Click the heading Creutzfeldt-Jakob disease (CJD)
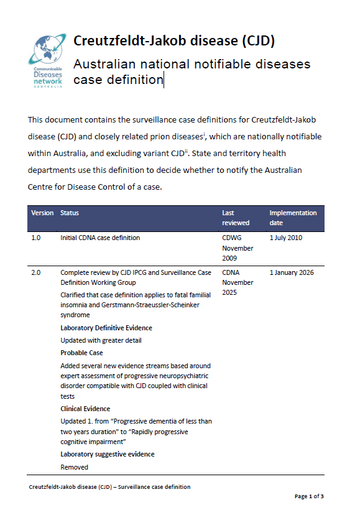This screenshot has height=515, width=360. click(x=174, y=41)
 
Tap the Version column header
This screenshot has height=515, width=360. click(x=42, y=213)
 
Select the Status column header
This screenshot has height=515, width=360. click(x=70, y=213)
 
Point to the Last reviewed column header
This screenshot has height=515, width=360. click(x=236, y=218)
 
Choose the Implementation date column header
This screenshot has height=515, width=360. click(x=293, y=218)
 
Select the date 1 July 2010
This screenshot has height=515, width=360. click(x=287, y=238)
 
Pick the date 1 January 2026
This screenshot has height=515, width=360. click(x=292, y=272)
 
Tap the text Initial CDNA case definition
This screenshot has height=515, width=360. click(x=100, y=238)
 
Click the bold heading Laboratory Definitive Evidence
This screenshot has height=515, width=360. click(x=106, y=328)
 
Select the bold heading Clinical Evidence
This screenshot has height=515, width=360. click(x=85, y=409)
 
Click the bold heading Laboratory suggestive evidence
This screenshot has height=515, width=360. click(x=108, y=454)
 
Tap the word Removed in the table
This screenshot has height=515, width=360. click(x=74, y=466)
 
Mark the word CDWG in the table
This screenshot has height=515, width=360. click(x=231, y=238)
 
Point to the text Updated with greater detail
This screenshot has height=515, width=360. click(x=101, y=340)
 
